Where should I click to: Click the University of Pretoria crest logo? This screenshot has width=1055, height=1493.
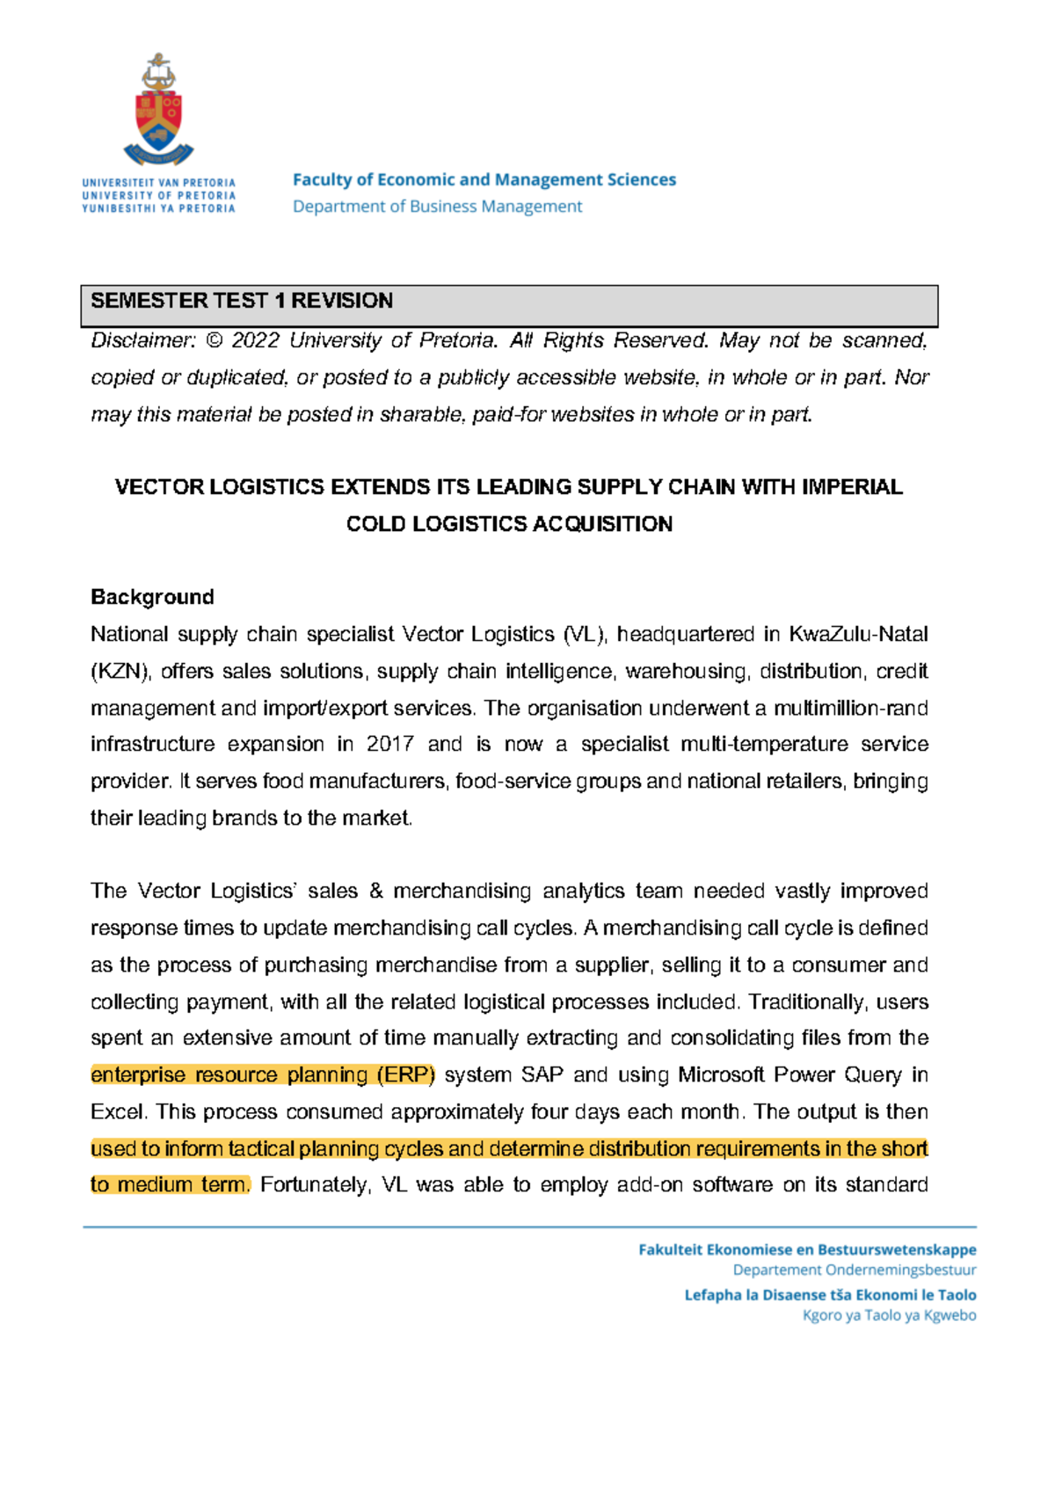[x=159, y=111]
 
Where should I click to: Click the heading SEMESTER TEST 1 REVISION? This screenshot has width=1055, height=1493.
[x=242, y=301]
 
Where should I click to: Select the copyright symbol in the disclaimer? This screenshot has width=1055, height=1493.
[x=214, y=341]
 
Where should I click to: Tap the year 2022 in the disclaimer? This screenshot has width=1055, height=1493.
[x=255, y=341]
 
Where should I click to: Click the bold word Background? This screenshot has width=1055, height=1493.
[x=152, y=597]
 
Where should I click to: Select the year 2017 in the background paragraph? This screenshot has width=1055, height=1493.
[x=389, y=744]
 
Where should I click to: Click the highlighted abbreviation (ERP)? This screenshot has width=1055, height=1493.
[x=405, y=1074]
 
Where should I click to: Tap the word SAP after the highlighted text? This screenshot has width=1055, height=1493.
[x=542, y=1074]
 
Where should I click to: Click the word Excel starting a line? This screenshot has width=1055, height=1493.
[x=119, y=1111]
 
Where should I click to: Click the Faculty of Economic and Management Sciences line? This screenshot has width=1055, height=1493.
[x=484, y=179]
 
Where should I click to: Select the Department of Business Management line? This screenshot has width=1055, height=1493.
[x=437, y=207]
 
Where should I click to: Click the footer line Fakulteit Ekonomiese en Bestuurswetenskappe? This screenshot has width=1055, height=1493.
[x=807, y=1249]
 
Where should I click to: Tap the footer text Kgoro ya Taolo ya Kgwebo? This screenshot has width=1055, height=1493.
[x=889, y=1315]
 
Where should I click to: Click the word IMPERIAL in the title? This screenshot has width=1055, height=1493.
[x=852, y=487]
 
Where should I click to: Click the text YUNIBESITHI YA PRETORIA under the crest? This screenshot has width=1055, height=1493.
[x=158, y=208]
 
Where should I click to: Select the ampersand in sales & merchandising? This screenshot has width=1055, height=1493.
[x=376, y=891]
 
